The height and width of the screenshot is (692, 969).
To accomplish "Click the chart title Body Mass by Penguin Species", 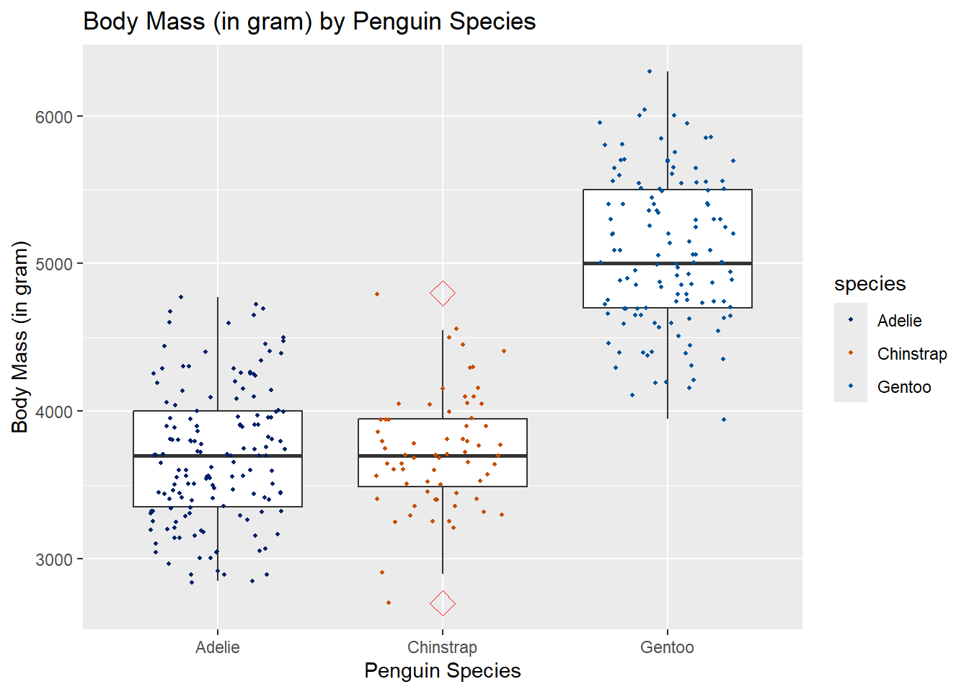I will (x=309, y=22).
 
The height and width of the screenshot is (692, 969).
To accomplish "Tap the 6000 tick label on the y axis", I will (x=54, y=117).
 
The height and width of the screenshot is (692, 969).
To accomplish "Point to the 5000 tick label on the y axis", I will (x=54, y=264).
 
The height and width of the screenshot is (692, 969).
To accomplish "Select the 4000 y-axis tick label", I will (x=54, y=412).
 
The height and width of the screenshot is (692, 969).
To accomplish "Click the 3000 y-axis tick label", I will (x=54, y=559).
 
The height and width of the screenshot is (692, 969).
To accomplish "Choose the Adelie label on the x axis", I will (x=217, y=647).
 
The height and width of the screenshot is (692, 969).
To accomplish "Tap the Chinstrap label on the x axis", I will (x=442, y=647).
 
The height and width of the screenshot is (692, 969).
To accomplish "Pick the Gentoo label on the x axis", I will (x=667, y=647).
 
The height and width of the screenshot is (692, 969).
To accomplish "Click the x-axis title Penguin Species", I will (x=442, y=671).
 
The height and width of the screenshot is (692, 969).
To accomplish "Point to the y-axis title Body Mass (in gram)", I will (x=20, y=337).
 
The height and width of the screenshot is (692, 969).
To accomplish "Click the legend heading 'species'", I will (x=870, y=284).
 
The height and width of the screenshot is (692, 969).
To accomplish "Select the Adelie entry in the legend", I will (x=899, y=321).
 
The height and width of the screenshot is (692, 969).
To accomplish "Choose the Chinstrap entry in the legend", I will (x=911, y=354).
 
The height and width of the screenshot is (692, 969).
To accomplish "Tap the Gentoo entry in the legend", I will (x=903, y=387).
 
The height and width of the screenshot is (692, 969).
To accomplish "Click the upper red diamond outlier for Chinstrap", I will (x=443, y=293).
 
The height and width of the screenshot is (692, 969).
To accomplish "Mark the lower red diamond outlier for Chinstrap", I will (x=443, y=603).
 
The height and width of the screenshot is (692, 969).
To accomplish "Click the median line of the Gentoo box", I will (x=667, y=263).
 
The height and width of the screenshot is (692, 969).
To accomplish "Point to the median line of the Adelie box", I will (x=217, y=456).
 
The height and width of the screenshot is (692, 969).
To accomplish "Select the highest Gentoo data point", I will (x=650, y=71).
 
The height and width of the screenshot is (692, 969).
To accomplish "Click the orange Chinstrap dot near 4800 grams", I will (x=377, y=294).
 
